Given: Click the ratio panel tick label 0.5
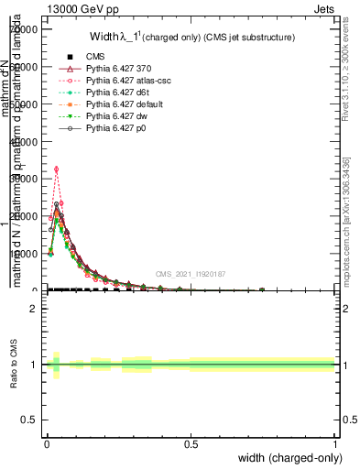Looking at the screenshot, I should point(28,419).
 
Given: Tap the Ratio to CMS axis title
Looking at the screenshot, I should point(14,365).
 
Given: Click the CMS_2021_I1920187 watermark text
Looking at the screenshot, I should point(191,274).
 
